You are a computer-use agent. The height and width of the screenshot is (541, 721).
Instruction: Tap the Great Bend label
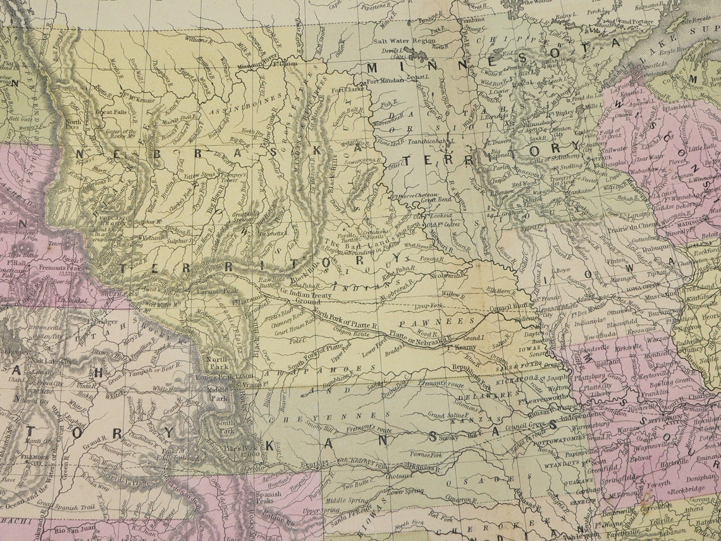436,200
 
